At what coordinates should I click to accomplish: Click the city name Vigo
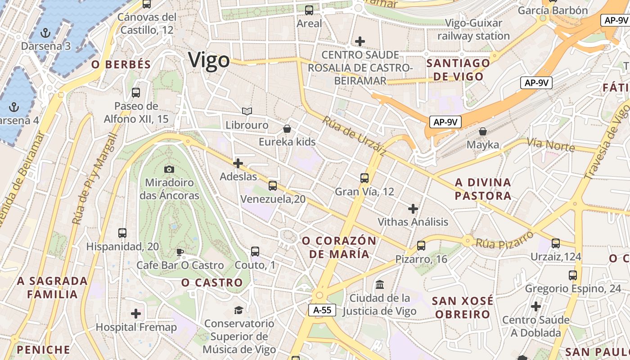tap(209, 60)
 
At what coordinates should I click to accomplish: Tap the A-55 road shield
tap(322, 310)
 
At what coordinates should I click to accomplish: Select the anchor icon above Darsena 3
tap(45, 32)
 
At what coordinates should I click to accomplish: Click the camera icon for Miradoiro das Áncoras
tap(169, 169)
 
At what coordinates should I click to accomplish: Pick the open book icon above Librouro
tap(247, 111)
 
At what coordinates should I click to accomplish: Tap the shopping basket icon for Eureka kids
tap(287, 129)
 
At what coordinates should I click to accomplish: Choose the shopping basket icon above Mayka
tap(483, 131)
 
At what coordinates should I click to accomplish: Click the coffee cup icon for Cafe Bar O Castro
tap(180, 252)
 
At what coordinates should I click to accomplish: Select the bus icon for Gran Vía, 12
tap(364, 178)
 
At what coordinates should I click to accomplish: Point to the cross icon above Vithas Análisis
tap(413, 208)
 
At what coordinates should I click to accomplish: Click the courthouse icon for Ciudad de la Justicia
tap(380, 284)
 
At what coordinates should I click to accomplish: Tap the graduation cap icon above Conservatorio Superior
tap(238, 310)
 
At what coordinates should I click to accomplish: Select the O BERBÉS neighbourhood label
tap(121, 64)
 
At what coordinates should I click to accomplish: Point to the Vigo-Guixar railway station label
tap(473, 29)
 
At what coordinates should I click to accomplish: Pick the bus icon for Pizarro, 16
tap(421, 246)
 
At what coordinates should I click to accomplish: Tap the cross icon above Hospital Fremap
tap(136, 314)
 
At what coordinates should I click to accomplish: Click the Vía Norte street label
tap(550, 145)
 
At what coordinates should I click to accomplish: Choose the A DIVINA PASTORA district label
tap(483, 189)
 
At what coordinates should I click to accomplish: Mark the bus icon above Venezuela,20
tap(272, 185)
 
